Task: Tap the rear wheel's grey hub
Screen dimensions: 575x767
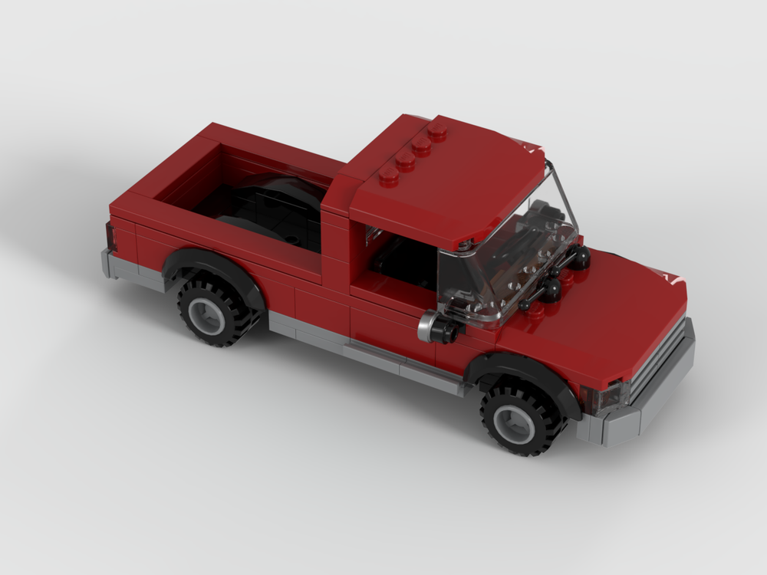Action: [x=206, y=314]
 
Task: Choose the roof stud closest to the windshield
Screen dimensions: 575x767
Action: [x=389, y=176]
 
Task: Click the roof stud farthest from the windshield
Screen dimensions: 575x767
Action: [x=438, y=130]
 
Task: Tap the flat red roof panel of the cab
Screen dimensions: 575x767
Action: [x=453, y=184]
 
